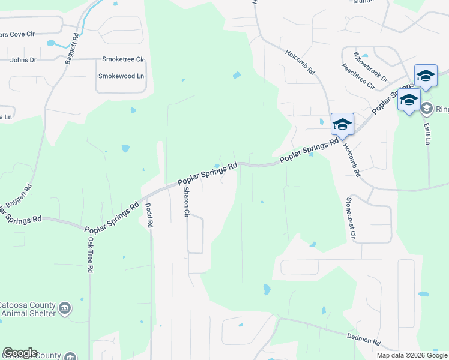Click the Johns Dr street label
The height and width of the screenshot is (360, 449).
[x=23, y=60]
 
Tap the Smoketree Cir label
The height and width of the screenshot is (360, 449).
[x=124, y=59]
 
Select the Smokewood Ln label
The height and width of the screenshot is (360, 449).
[x=122, y=76]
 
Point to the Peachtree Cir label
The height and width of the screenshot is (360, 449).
[x=358, y=77]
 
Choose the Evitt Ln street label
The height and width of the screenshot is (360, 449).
[x=427, y=133]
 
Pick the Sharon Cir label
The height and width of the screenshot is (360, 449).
[x=186, y=202]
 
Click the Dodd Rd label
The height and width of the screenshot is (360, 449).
[x=149, y=215]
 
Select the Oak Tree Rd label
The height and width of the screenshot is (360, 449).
[x=91, y=254]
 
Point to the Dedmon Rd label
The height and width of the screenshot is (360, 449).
[x=364, y=339]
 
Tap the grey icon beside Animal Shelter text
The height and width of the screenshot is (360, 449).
[x=66, y=309]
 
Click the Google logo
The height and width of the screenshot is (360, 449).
[x=20, y=353]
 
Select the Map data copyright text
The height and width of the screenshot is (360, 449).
[x=412, y=355]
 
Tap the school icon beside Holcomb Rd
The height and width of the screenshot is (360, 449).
[x=342, y=124]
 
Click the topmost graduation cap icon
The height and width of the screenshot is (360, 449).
[x=426, y=76]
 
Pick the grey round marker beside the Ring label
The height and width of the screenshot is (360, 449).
[x=427, y=109]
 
